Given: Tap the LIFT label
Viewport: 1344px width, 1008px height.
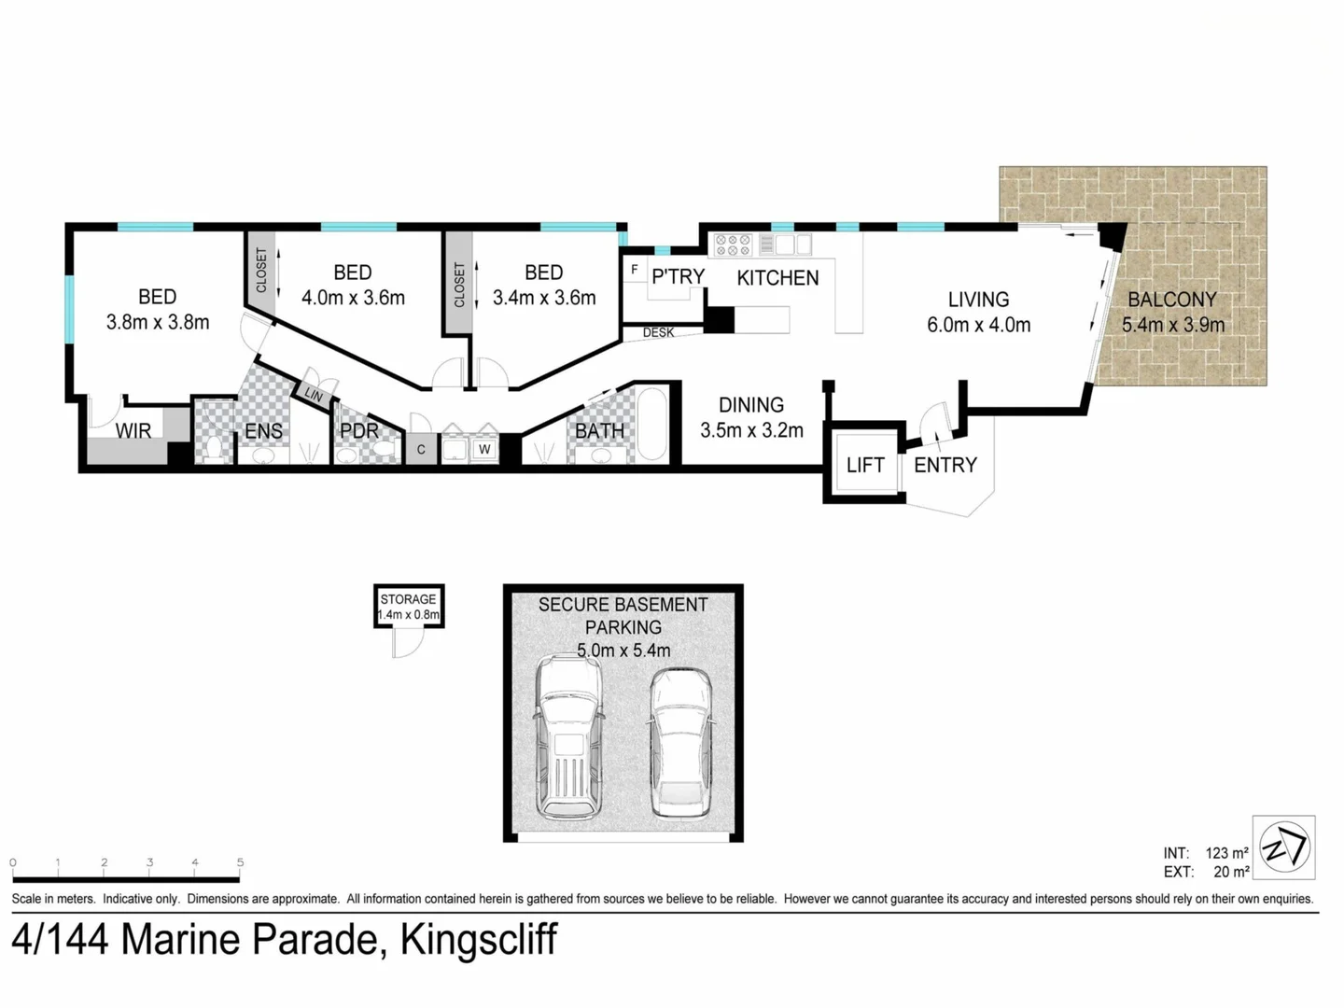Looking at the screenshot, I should click(864, 465).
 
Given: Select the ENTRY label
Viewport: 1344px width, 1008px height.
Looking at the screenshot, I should click(945, 465).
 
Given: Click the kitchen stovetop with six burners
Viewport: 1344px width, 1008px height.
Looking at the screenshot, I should click(733, 245).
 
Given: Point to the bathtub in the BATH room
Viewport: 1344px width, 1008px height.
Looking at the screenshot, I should click(651, 425).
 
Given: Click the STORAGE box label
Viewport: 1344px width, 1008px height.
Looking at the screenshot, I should click(408, 599).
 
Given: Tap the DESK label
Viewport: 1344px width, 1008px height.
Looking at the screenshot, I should click(658, 332).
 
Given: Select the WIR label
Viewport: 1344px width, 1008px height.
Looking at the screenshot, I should click(133, 431).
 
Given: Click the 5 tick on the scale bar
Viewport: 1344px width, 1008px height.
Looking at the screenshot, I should click(240, 863).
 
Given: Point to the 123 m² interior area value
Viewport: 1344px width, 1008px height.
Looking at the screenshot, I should click(1226, 853).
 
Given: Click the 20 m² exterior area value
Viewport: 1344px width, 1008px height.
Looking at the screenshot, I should click(1231, 872).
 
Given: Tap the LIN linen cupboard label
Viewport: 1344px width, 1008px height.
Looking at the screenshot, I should click(314, 396).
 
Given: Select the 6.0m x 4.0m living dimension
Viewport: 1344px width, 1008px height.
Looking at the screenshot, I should click(978, 325).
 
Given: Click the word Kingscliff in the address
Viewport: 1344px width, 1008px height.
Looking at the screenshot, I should click(479, 939).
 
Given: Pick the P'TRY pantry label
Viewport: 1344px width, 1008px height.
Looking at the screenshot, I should click(678, 277).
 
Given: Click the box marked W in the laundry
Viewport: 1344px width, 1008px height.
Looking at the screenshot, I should click(484, 450).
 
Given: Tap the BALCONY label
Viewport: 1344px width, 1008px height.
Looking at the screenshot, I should click(1172, 300).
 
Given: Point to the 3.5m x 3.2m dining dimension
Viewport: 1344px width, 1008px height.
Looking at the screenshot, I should click(751, 430).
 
